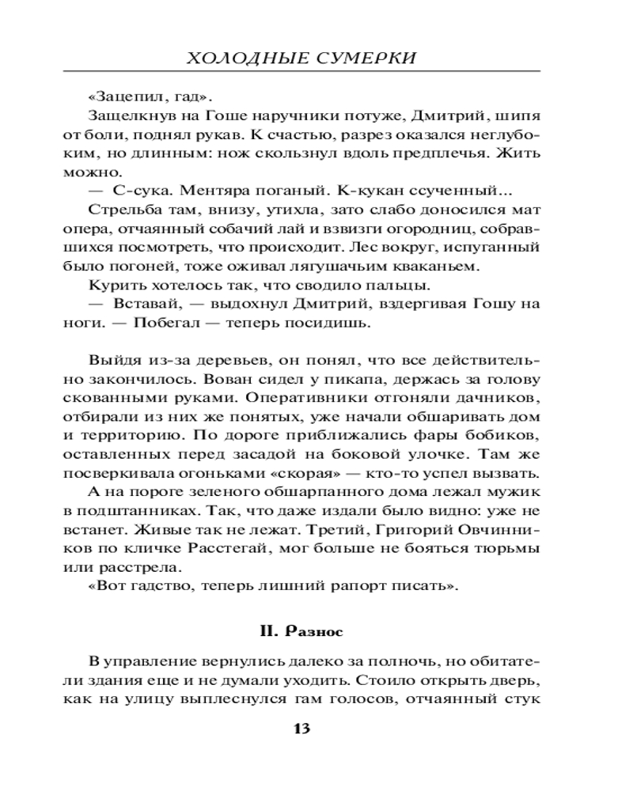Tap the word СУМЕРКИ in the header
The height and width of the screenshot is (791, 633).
click(368, 59)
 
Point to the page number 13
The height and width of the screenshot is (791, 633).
click(301, 729)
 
